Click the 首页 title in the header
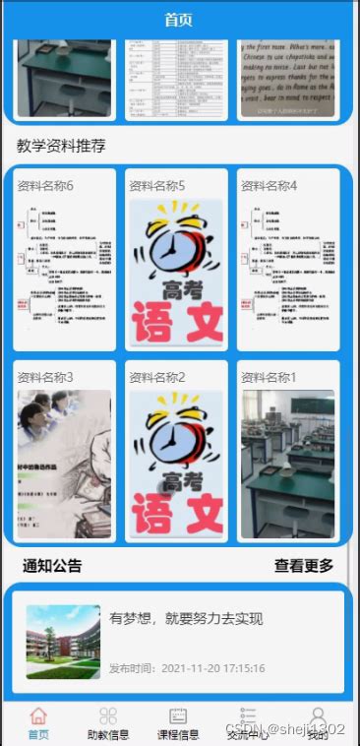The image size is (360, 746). click(x=179, y=20)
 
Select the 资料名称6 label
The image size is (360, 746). click(x=45, y=185)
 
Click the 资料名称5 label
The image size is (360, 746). click(x=157, y=185)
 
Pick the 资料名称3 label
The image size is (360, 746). click(x=45, y=377)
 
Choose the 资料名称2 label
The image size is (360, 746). click(x=157, y=377)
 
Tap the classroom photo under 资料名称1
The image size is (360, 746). click(x=287, y=464)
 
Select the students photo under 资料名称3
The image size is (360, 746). click(x=64, y=464)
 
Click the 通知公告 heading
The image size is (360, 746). click(x=52, y=566)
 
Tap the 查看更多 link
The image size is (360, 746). click(x=304, y=566)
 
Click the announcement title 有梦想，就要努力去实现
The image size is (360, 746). click(x=186, y=619)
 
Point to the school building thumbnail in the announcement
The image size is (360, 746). click(x=63, y=642)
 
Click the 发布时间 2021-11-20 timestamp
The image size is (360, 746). click(x=187, y=668)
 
